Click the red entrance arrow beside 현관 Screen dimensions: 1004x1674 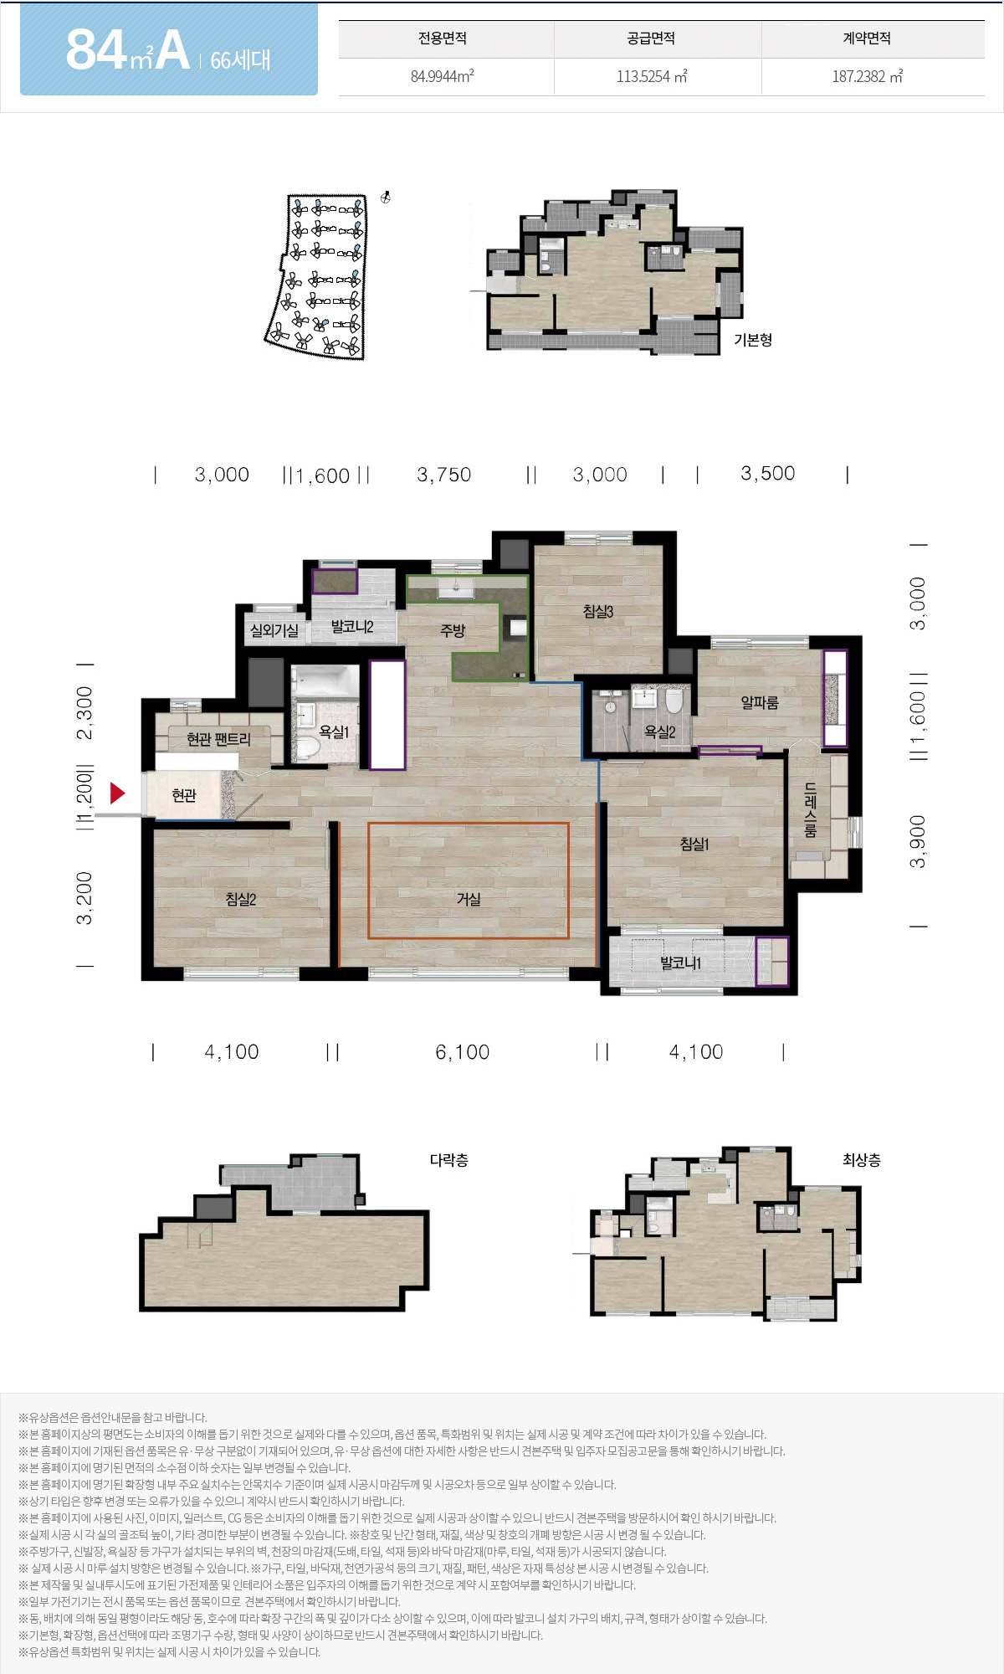(x=117, y=793)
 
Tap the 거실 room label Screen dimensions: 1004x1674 (x=469, y=899)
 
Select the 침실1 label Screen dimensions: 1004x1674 (x=694, y=844)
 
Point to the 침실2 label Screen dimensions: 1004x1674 (x=241, y=899)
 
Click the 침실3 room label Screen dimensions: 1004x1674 (x=598, y=612)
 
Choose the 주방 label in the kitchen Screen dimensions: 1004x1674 (x=453, y=630)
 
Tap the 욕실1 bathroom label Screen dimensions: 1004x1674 (x=334, y=732)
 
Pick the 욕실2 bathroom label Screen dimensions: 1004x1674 (x=659, y=732)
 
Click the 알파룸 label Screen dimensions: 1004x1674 (x=760, y=702)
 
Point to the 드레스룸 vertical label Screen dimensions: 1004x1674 (x=810, y=810)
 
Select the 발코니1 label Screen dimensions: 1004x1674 (x=681, y=963)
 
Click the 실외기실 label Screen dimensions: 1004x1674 (x=274, y=630)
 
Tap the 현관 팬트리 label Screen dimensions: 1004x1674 (x=218, y=739)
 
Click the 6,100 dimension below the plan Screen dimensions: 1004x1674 (x=463, y=1052)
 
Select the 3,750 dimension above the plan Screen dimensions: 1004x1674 (x=444, y=475)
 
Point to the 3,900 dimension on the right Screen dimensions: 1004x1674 (x=918, y=842)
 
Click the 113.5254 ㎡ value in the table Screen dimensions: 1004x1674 (x=652, y=76)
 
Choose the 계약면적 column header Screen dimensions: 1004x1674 (x=867, y=39)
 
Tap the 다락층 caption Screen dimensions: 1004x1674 (x=449, y=1160)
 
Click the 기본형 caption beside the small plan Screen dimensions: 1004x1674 (x=753, y=340)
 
